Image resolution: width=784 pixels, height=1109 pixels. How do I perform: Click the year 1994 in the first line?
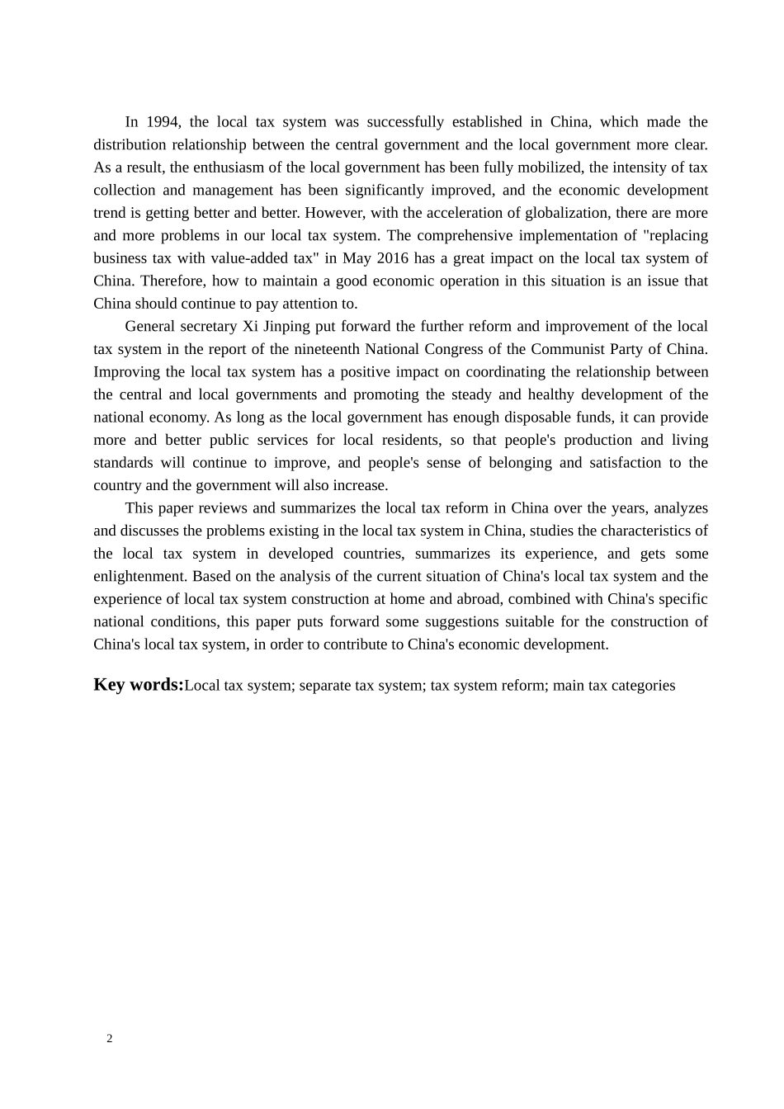coord(163,122)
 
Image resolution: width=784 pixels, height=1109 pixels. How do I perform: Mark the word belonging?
coord(520,463)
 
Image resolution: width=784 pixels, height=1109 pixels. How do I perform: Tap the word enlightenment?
coord(140,577)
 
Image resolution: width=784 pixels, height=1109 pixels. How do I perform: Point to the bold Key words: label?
coord(138,685)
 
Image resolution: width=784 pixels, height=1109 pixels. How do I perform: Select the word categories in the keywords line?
coord(644,686)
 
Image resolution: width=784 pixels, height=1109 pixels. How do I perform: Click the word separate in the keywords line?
coord(325,686)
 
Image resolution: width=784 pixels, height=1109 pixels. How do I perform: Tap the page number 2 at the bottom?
coord(110,1039)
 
